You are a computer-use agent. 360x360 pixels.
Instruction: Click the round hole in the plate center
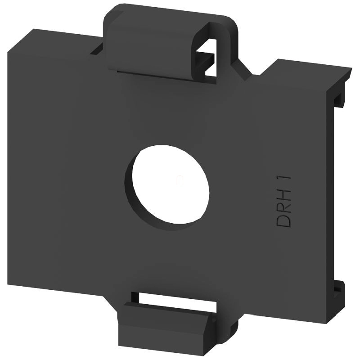[171, 184]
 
